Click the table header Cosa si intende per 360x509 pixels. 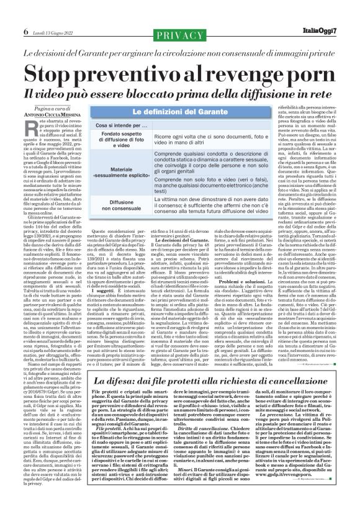pyautogui.click(x=114, y=126)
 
